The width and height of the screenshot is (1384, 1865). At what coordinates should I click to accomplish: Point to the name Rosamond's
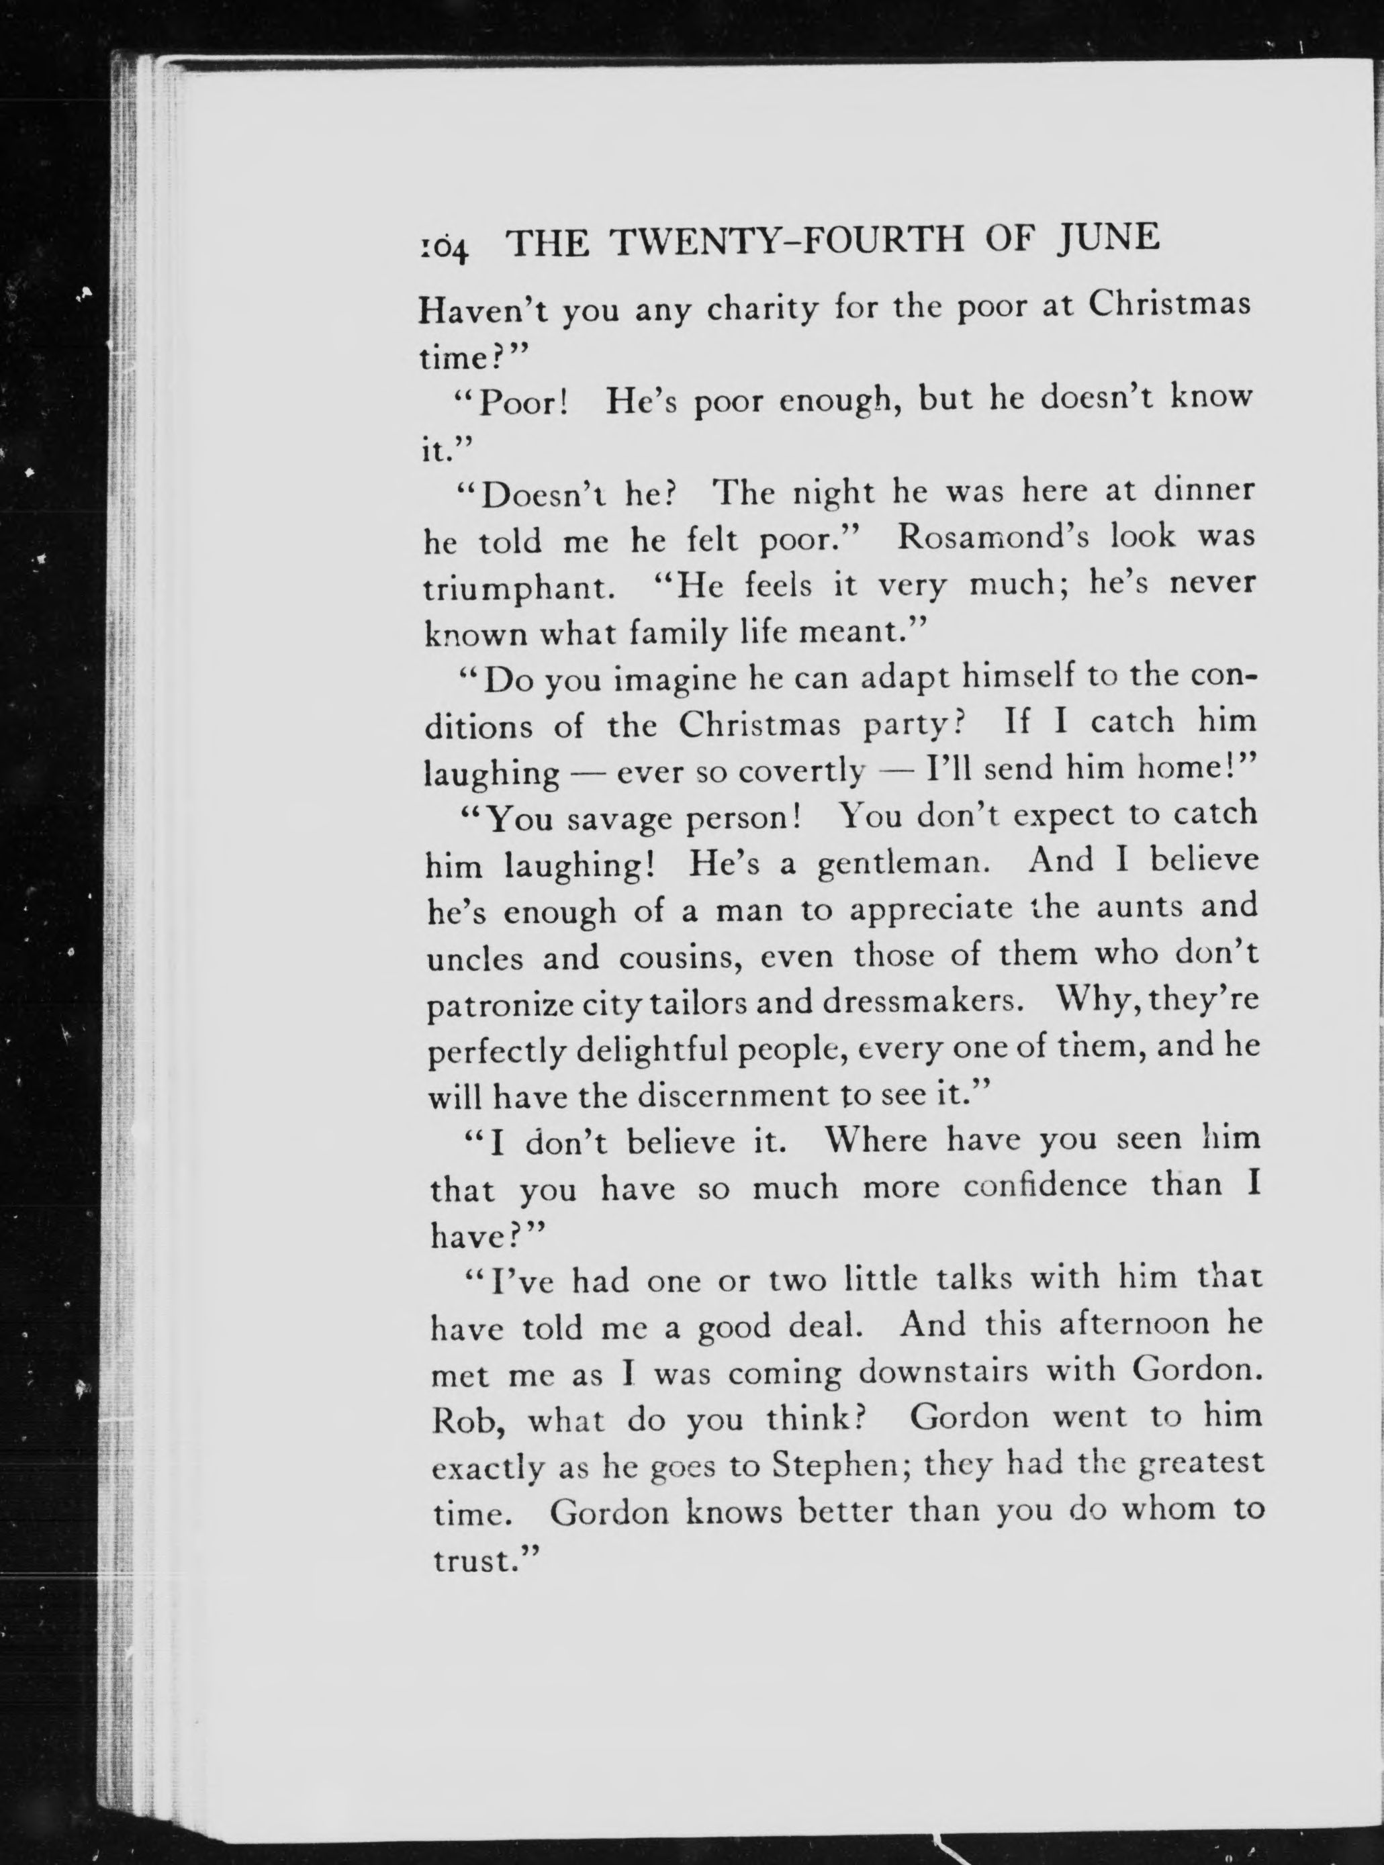[993, 536]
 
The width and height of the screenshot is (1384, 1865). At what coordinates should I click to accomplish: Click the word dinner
[1204, 489]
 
